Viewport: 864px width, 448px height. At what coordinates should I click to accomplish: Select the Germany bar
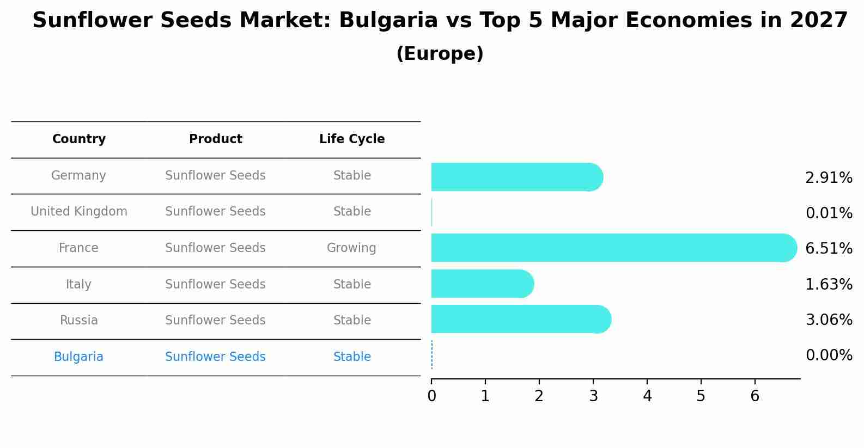pos(516,177)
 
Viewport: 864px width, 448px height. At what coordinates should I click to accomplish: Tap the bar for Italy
pos(482,284)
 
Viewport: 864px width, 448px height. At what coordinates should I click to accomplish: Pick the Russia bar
pos(520,319)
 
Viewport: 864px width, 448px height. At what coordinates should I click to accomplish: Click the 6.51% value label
pos(829,249)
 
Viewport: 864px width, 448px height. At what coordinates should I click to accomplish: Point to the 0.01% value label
pos(829,213)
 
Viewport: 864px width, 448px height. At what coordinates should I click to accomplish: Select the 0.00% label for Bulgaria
pos(829,355)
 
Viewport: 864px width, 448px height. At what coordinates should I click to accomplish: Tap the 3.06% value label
pos(829,320)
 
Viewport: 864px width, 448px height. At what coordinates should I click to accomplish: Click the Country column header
pos(79,139)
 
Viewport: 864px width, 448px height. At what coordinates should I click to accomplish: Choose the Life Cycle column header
pos(352,139)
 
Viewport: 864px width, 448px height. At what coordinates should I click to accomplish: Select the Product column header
pos(215,139)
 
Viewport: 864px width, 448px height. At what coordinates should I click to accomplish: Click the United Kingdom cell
pos(79,212)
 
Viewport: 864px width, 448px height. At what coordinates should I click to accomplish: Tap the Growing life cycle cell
pos(351,248)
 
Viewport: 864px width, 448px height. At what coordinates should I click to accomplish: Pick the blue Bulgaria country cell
pos(78,357)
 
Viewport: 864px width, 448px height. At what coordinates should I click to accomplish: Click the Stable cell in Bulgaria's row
pos(352,357)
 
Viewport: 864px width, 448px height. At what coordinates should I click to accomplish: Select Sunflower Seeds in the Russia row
pos(215,321)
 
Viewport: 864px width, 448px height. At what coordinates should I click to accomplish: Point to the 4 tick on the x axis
pos(647,396)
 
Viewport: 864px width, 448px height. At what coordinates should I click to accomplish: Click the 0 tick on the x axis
pos(431,396)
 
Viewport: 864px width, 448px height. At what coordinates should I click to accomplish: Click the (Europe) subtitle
pos(440,54)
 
